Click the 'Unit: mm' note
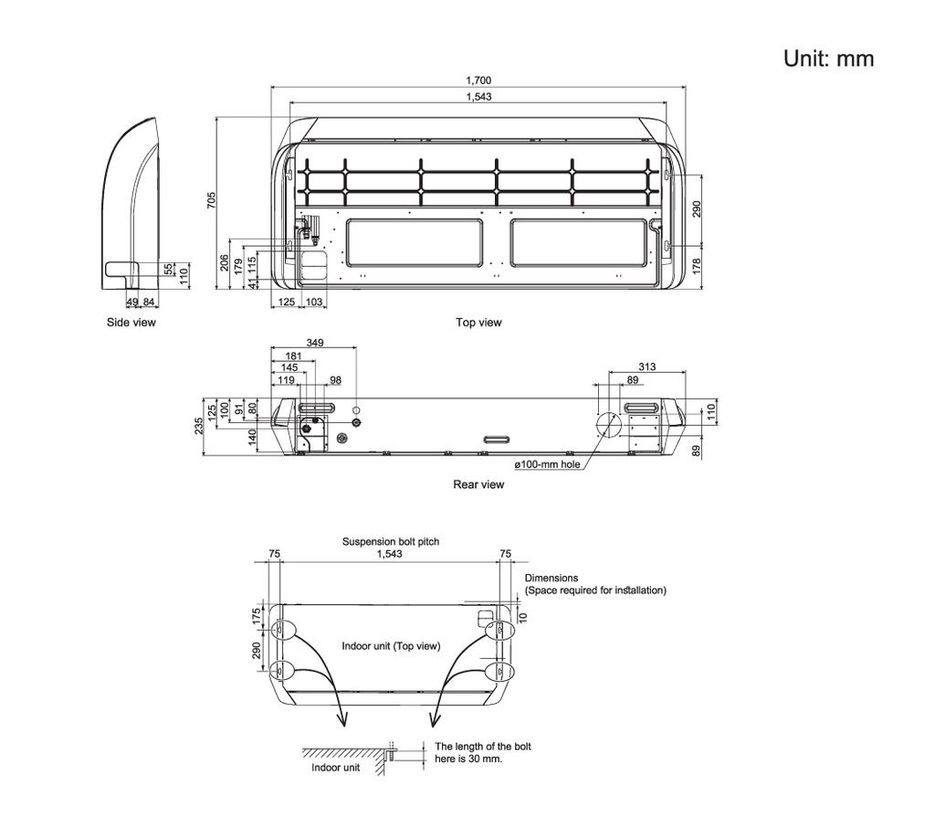pos(828,58)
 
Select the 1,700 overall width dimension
pos(478,80)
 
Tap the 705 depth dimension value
pos(212,200)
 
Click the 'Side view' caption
pos(131,323)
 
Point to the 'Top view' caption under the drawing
pos(478,323)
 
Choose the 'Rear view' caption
pos(478,484)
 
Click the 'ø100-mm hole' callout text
pos(548,464)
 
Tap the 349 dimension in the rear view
pos(315,343)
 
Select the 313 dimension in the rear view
pos(647,366)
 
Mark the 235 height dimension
pos(199,426)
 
